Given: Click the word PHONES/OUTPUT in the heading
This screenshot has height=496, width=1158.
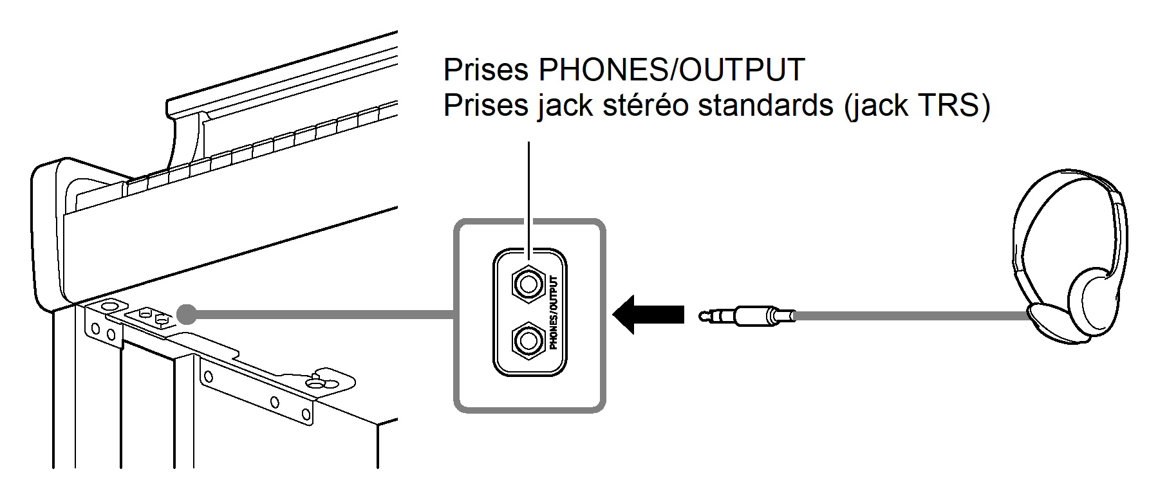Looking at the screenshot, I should point(671,70).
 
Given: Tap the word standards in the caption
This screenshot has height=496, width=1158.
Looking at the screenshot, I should point(765,106).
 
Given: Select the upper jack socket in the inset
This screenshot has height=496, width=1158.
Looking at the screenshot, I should point(528,284).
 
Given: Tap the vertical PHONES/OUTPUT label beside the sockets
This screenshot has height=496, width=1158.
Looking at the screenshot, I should point(554,312).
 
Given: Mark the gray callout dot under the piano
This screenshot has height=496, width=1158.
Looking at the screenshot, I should point(186,314).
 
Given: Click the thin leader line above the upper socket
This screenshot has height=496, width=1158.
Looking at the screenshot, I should point(528,193).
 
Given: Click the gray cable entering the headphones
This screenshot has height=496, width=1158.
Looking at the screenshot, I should point(914,316).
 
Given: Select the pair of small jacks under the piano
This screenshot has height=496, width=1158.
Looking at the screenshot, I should point(153,316).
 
